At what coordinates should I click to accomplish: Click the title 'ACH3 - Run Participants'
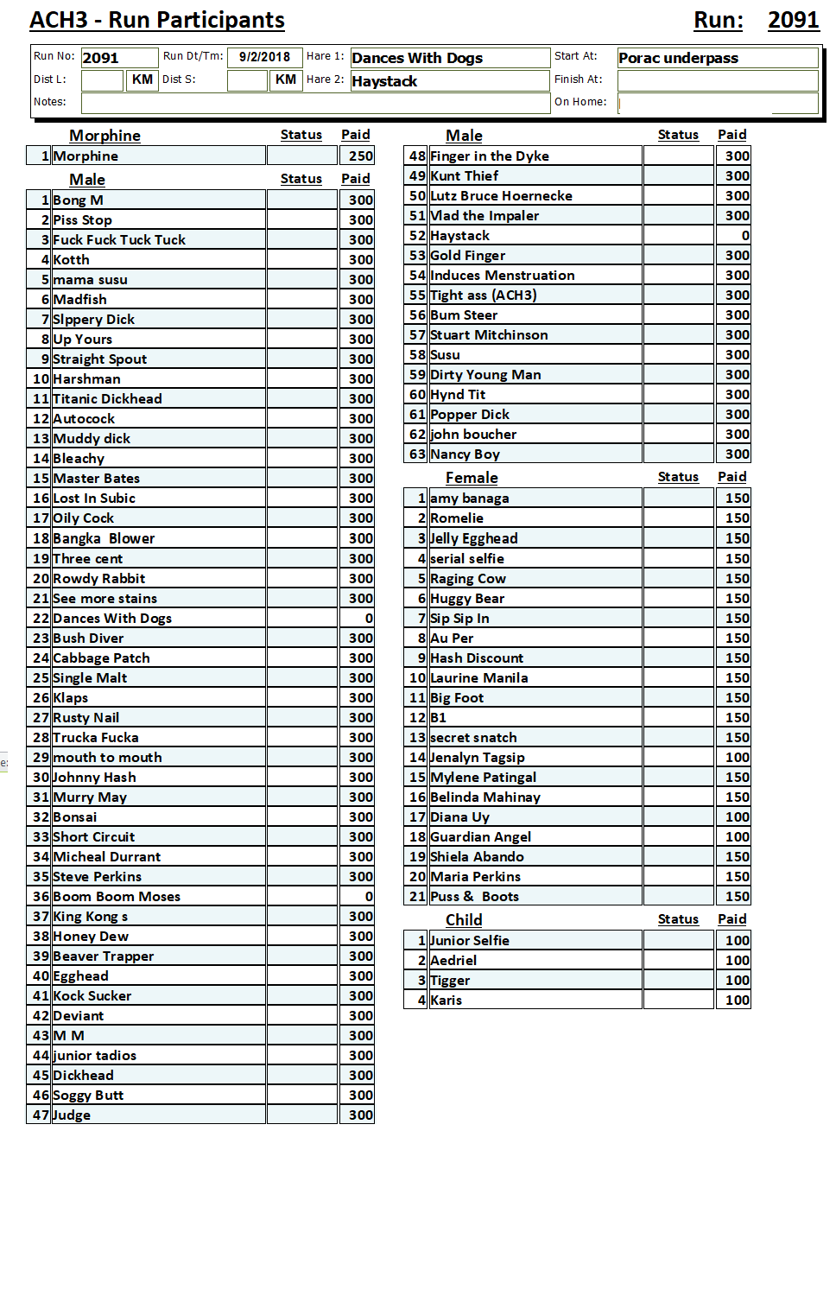157,20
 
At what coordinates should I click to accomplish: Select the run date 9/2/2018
264,57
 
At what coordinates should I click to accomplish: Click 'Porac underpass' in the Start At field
678,58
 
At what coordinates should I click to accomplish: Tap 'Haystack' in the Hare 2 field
384,81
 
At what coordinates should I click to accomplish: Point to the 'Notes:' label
50,102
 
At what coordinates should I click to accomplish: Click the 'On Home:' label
580,102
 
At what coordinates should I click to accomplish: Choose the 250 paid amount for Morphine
361,156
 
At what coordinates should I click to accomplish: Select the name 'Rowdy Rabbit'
99,579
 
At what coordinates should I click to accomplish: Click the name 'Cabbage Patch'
101,658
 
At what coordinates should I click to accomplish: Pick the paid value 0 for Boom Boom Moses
369,897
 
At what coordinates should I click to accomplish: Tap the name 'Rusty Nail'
86,718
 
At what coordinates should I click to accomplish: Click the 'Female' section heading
472,478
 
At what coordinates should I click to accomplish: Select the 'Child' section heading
464,920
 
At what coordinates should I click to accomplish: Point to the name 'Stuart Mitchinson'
489,335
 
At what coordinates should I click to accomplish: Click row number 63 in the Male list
417,454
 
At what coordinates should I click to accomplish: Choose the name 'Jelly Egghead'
474,538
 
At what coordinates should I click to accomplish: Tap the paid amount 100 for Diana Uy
738,817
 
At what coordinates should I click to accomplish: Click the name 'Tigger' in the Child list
450,981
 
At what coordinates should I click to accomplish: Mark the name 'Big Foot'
457,698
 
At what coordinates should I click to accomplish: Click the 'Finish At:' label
579,79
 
